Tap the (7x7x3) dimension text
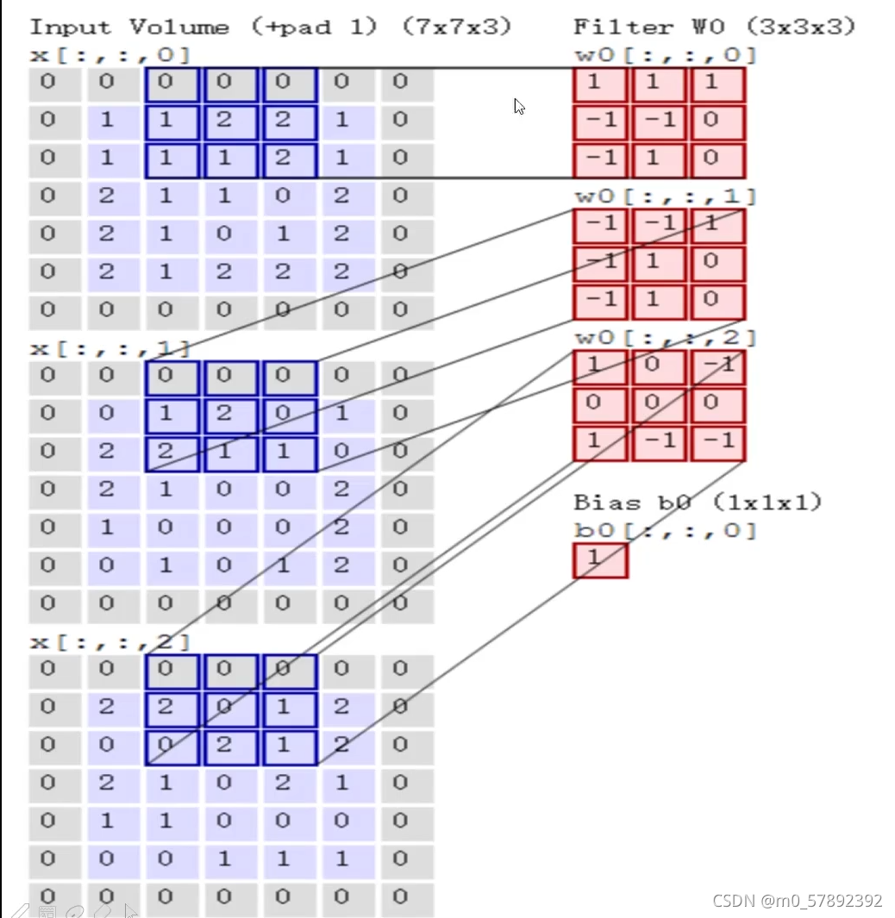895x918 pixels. (456, 27)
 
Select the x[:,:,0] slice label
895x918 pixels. (110, 55)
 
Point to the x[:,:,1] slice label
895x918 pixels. (110, 349)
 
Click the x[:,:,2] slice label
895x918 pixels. (110, 642)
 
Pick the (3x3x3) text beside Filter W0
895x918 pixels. (800, 27)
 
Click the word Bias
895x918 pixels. (607, 502)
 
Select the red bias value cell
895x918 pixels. (600, 559)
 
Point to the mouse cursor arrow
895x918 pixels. (519, 106)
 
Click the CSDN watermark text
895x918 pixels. (797, 901)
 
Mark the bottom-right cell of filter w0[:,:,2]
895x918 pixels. (717, 442)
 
